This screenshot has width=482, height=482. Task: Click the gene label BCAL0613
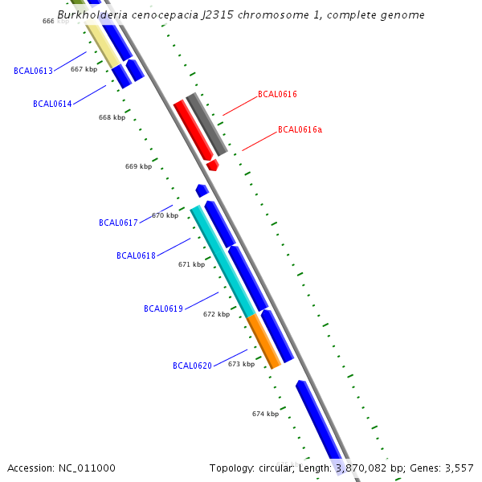33,71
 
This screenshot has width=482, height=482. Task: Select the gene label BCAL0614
52,104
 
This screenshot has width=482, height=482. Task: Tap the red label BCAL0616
277,95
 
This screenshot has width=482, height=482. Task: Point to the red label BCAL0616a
300,129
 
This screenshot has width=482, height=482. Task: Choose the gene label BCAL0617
118,223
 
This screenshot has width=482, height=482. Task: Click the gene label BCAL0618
136,255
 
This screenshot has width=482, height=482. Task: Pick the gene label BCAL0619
163,308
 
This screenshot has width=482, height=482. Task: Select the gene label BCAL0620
192,366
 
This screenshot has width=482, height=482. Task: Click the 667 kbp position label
84,69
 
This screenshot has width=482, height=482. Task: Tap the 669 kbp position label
138,166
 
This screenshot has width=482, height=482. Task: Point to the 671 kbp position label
191,264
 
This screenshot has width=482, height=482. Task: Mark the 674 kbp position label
265,414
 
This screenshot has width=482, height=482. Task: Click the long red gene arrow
193,129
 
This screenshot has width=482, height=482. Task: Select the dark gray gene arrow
206,125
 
